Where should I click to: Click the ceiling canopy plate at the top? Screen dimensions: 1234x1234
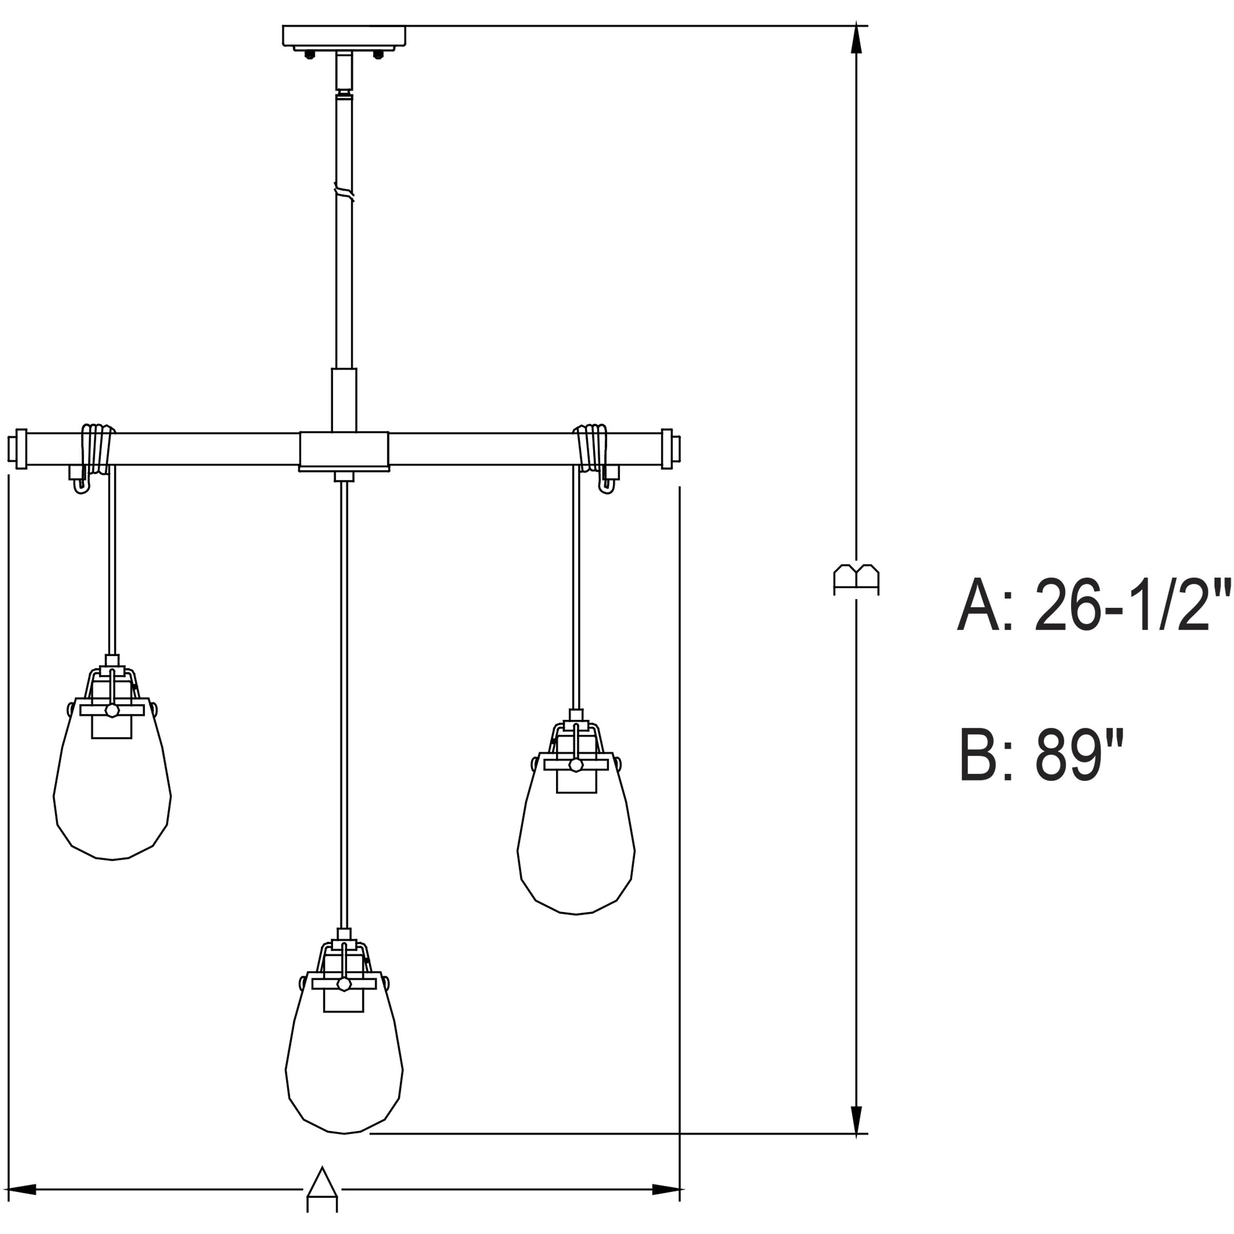coord(344,35)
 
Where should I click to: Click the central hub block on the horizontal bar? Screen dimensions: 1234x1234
coord(344,450)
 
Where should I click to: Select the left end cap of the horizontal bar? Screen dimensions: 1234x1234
coord(18,448)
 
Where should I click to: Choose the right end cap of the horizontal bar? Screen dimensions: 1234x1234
coord(669,448)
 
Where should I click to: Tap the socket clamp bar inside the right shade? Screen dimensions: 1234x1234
coord(576,765)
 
